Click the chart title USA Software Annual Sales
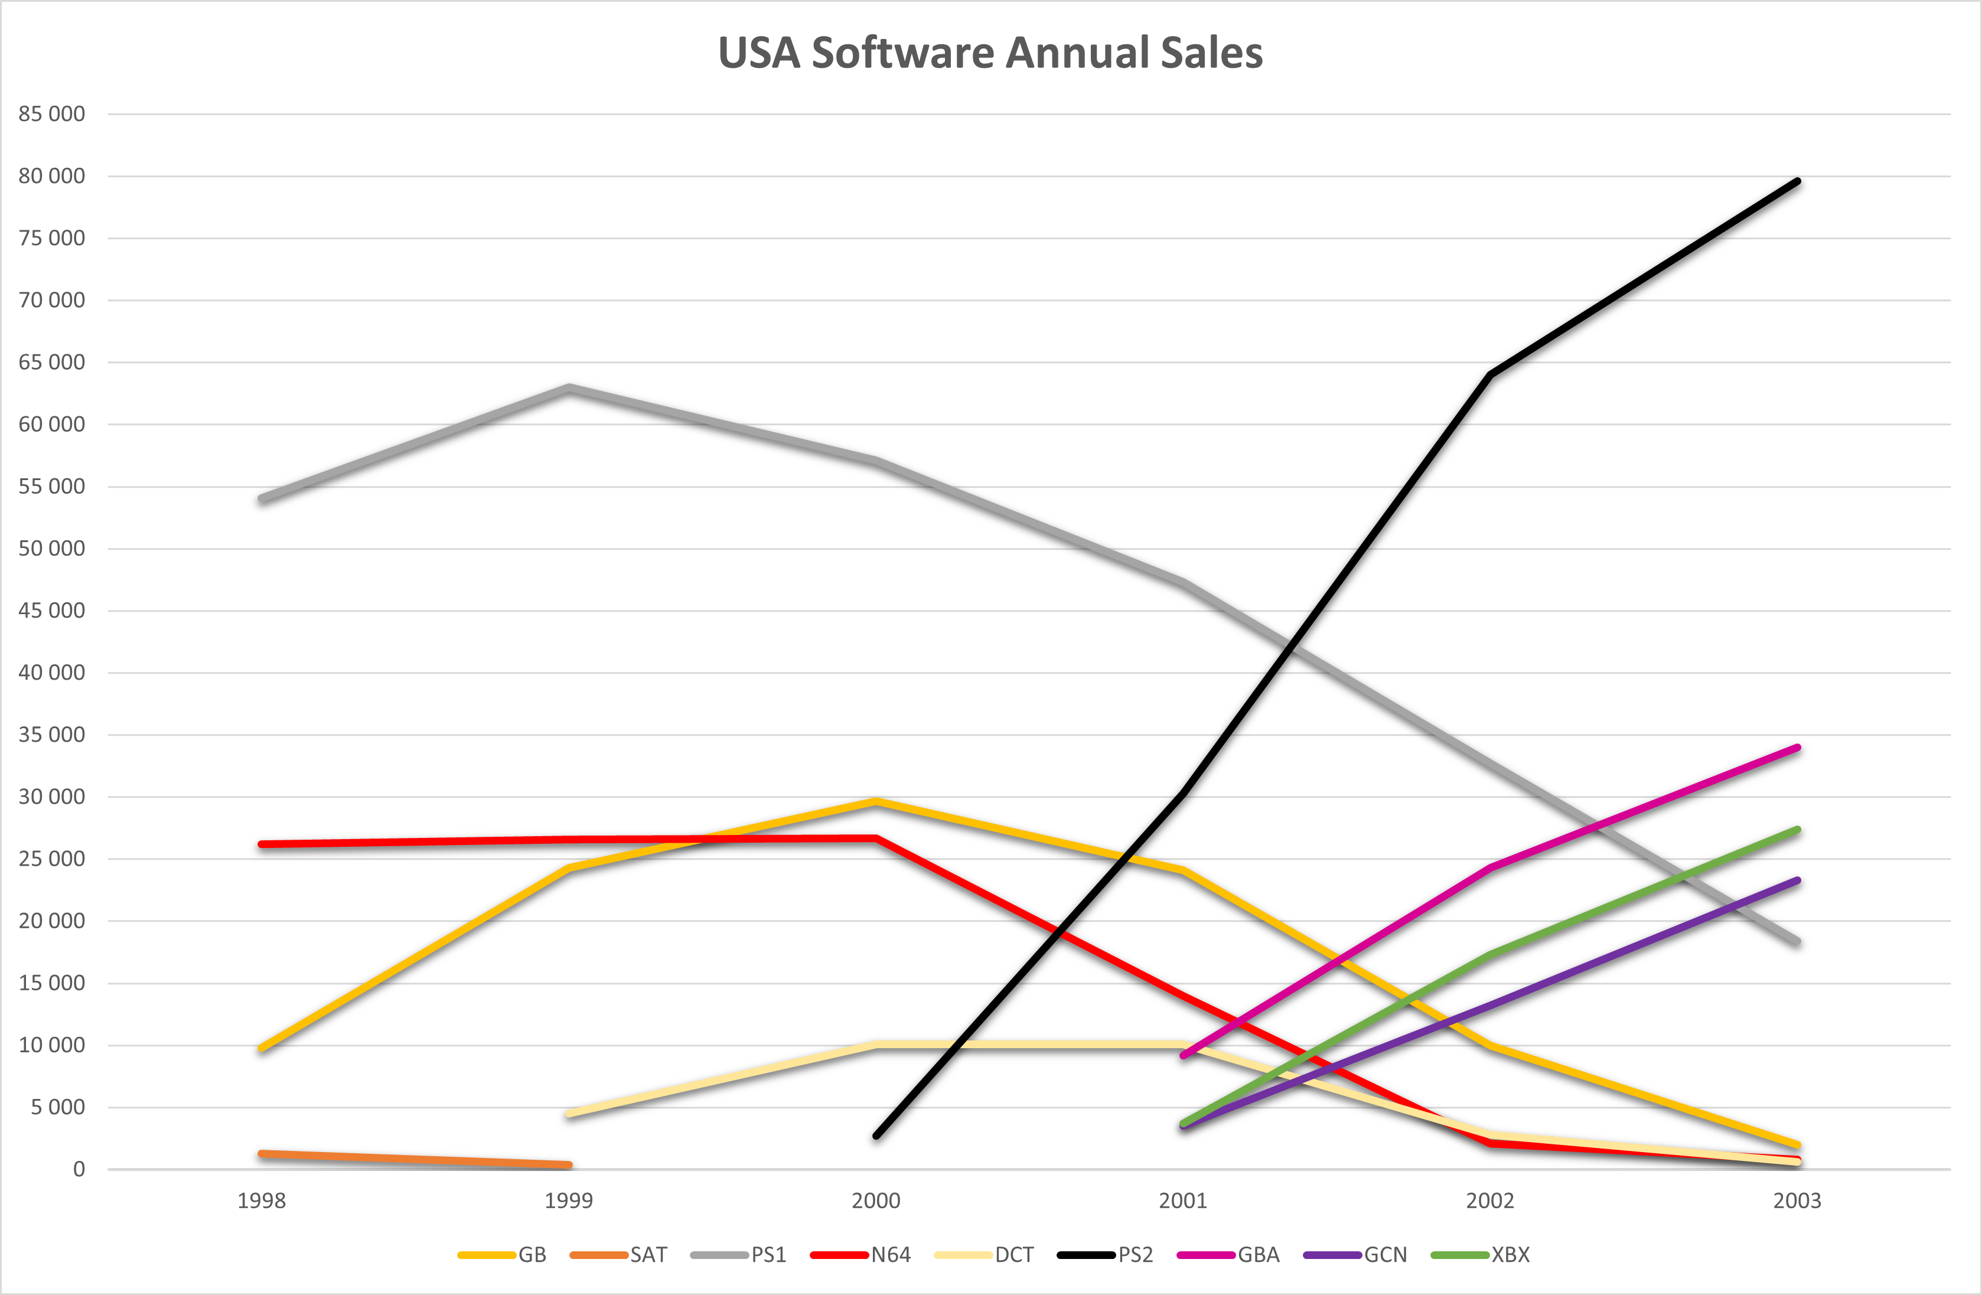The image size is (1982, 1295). point(990,53)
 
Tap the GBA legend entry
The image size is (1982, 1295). point(1228,1254)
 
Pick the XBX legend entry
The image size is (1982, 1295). point(1480,1254)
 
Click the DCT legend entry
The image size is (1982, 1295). point(985,1254)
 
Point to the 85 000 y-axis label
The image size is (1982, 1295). point(51,114)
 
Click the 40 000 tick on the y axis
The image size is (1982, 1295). point(51,673)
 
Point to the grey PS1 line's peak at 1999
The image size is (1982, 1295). point(569,388)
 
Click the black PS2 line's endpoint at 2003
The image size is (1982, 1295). point(1797,181)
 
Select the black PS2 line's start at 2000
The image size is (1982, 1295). point(876,1135)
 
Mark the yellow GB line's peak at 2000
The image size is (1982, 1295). point(876,802)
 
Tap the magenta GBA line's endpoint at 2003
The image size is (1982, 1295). point(1797,748)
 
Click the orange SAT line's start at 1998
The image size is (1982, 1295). point(262,1153)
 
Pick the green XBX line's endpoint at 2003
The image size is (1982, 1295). point(1797,830)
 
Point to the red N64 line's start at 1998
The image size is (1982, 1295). point(262,844)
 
